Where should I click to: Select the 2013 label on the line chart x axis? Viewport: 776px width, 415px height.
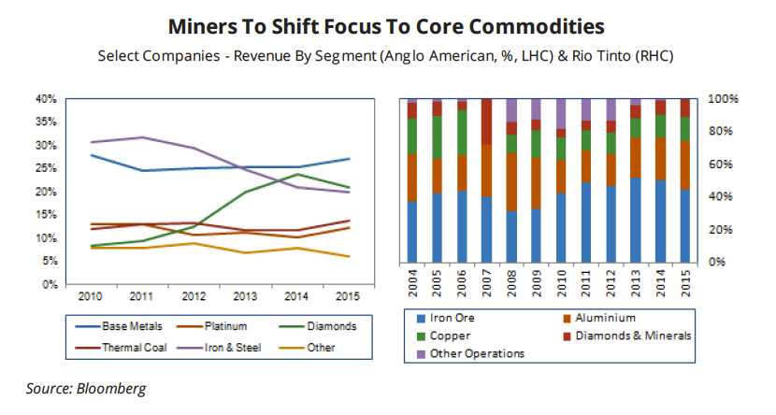click(x=245, y=296)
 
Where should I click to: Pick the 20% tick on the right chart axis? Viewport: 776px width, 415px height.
click(x=723, y=230)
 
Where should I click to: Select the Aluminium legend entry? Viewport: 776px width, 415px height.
click(x=608, y=318)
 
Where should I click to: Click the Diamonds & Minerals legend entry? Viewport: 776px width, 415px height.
click(x=636, y=336)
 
